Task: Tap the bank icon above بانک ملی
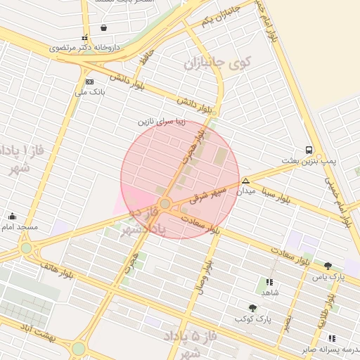click(x=89, y=82)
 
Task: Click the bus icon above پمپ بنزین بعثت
click(x=309, y=150)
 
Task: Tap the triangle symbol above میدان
click(x=245, y=181)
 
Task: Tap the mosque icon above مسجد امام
click(x=13, y=216)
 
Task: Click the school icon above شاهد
click(x=269, y=281)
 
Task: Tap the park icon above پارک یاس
click(x=328, y=266)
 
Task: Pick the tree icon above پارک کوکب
click(x=252, y=308)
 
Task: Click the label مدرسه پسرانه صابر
click(x=326, y=349)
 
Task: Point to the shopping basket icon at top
click(x=104, y=28)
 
